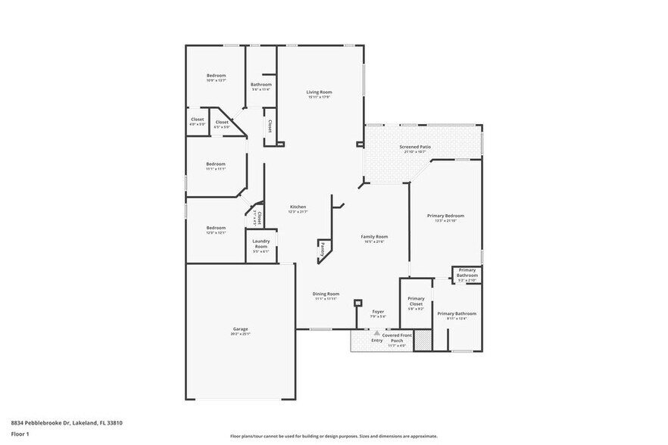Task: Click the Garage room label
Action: tap(241, 329)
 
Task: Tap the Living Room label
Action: tap(320, 92)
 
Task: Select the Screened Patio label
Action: tap(415, 147)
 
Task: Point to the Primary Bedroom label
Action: tap(445, 216)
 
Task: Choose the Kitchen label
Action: tap(298, 207)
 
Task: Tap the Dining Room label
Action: tap(326, 294)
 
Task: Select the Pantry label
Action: tap(322, 247)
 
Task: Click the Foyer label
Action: tap(378, 312)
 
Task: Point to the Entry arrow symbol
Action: tap(376, 332)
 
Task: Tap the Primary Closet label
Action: tap(416, 301)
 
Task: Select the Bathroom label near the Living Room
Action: tap(261, 84)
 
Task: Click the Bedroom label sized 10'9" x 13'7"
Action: tap(217, 76)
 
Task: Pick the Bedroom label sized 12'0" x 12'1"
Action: tap(216, 228)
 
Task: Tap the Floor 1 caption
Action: tap(20, 434)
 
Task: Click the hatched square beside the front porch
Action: tap(422, 340)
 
